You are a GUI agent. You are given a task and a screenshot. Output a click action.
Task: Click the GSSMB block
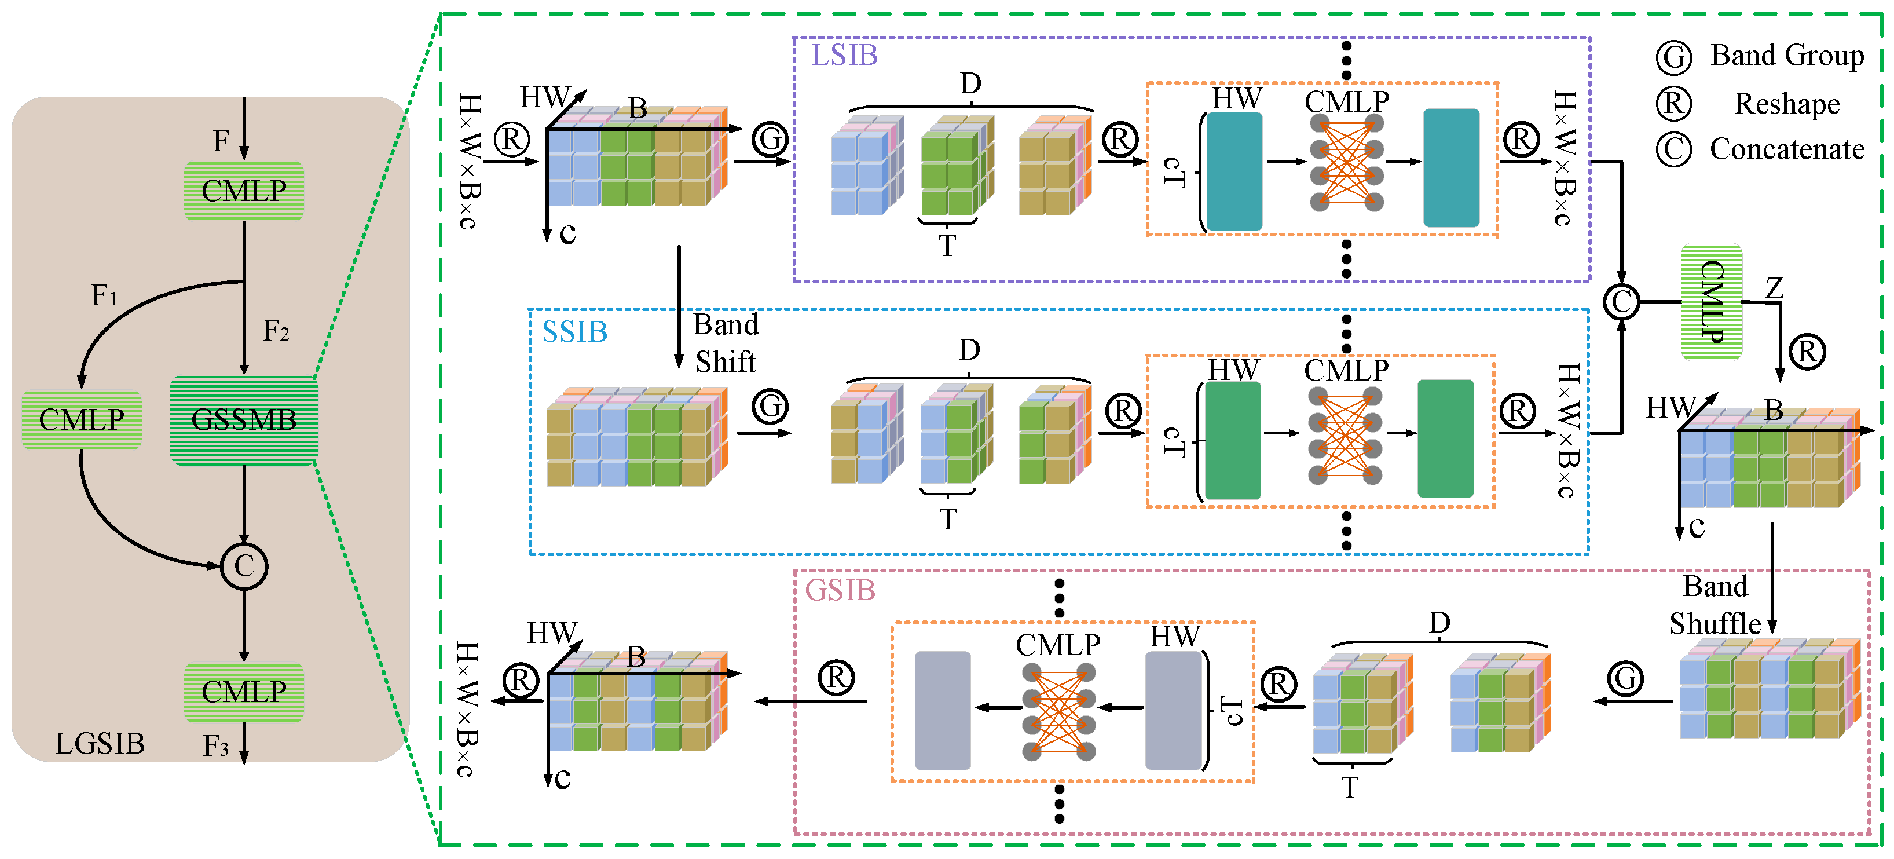(244, 420)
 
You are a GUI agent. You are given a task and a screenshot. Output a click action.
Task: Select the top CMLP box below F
(244, 191)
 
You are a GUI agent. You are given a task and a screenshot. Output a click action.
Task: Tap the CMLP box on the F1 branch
(82, 420)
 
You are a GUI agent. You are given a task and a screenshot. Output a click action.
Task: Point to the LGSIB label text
(100, 744)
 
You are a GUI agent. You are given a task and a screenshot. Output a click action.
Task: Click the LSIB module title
(844, 55)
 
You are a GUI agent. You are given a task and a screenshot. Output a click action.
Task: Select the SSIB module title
(574, 332)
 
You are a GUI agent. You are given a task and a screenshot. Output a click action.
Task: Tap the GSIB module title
(840, 590)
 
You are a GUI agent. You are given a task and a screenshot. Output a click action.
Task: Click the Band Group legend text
(1787, 55)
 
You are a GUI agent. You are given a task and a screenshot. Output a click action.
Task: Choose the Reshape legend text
(1787, 104)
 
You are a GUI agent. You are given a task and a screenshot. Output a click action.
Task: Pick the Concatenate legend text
(1787, 149)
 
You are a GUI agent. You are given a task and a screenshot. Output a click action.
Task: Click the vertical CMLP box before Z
(1712, 302)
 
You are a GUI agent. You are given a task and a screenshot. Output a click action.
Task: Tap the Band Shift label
(725, 343)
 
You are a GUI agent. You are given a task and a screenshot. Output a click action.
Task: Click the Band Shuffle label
(1715, 605)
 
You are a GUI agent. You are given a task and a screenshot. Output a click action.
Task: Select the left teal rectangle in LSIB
(1234, 171)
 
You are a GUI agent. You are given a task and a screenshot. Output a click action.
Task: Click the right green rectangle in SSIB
(1445, 438)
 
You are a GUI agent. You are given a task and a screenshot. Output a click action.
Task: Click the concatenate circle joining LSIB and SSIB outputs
(1621, 302)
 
